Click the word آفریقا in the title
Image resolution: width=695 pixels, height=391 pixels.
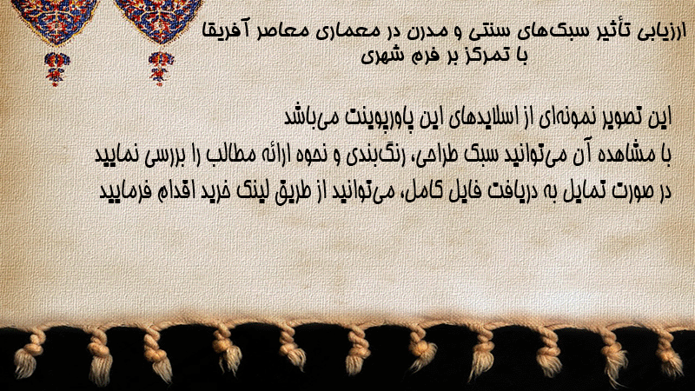224,32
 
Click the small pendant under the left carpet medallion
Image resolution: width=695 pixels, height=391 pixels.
56,69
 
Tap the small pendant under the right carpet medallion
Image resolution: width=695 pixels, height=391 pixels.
161,69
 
